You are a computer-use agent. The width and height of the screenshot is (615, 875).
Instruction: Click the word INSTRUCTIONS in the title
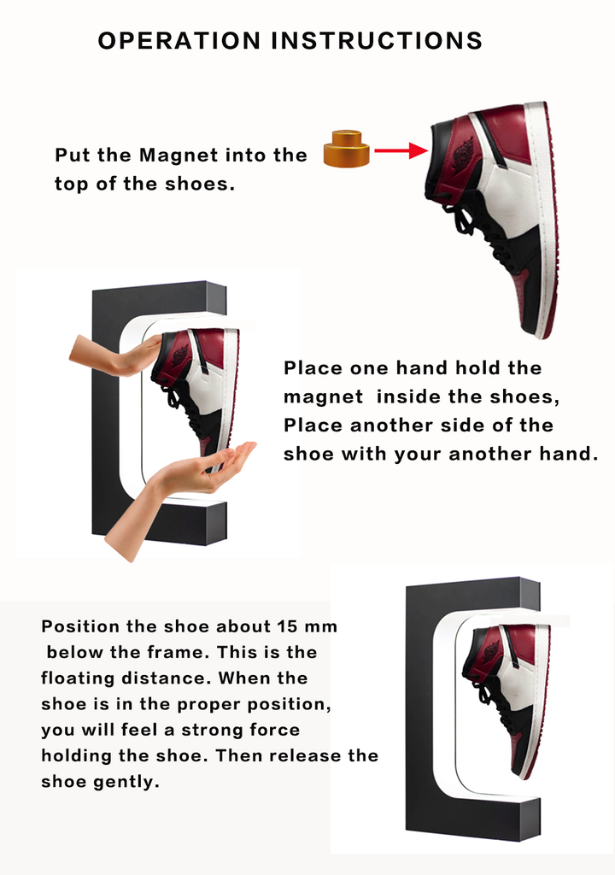point(377,40)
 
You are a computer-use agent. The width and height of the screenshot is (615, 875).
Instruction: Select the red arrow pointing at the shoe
point(401,151)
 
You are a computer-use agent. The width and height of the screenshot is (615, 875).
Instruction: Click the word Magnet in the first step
point(179,155)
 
